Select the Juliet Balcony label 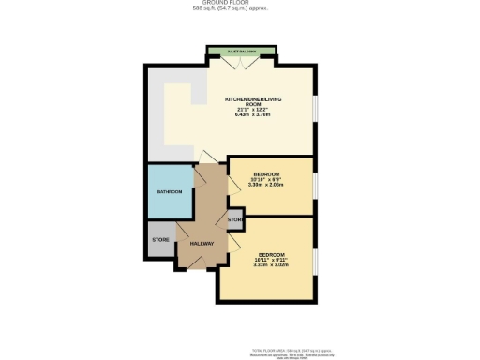tap(241, 51)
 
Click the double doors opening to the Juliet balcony tap(241, 61)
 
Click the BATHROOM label tap(169, 192)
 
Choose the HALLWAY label tap(202, 244)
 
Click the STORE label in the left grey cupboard tap(160, 240)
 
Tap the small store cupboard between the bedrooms tap(234, 219)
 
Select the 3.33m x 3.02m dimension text tap(270, 264)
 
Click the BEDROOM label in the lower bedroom tap(272, 253)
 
